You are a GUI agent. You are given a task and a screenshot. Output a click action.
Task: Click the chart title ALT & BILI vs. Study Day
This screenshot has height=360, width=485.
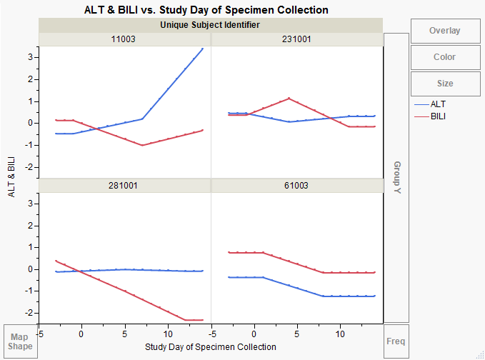coord(206,10)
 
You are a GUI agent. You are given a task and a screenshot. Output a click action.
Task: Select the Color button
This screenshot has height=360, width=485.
coord(444,57)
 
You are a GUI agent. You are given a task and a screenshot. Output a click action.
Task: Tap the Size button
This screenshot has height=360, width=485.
coord(444,84)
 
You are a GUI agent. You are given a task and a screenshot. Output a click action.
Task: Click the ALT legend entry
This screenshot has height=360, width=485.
coord(439,104)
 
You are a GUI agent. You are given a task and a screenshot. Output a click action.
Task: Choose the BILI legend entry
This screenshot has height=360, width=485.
coord(439,116)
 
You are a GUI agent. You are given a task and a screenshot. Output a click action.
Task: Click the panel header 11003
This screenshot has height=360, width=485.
coord(124,39)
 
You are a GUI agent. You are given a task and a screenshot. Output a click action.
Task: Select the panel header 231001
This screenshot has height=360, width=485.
coord(297,39)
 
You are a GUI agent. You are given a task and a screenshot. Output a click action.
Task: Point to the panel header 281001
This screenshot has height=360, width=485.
coord(124,185)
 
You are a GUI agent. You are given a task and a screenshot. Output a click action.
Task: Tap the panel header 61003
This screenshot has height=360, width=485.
coord(297,185)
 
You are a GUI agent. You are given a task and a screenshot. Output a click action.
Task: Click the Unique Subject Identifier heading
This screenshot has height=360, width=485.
coord(211,25)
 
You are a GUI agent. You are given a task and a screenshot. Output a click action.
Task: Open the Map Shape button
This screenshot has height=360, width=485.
coord(20,341)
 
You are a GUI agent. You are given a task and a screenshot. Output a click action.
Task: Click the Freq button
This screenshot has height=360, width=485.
coord(396,341)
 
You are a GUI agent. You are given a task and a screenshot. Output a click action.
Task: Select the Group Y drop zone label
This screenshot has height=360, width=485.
coord(396,179)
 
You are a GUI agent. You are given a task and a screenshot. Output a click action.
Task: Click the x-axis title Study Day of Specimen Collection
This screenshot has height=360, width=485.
coord(210,347)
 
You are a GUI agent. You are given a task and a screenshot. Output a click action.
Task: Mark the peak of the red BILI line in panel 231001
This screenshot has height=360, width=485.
coord(289,98)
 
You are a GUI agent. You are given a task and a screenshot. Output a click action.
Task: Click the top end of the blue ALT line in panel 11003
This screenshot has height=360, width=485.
coord(203,49)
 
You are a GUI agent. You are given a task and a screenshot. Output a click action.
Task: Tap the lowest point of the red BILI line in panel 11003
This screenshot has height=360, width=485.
coord(142,145)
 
